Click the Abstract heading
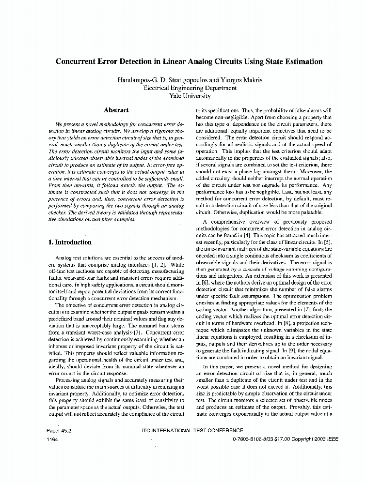[116, 110]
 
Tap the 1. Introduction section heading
[70, 242]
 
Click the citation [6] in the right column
[204, 281]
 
